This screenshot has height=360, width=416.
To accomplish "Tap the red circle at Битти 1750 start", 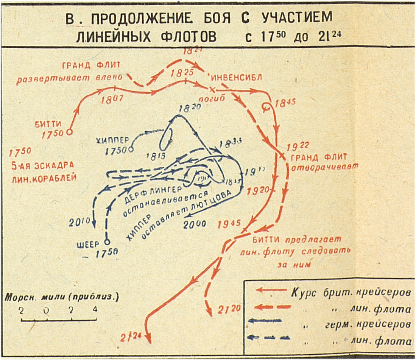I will (x=69, y=132).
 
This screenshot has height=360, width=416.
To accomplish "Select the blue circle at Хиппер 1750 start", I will (x=131, y=149).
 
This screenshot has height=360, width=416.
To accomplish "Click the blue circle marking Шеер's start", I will (x=107, y=241).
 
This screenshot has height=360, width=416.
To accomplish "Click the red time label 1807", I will (x=112, y=99).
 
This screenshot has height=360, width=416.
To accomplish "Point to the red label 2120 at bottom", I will (x=229, y=309).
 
